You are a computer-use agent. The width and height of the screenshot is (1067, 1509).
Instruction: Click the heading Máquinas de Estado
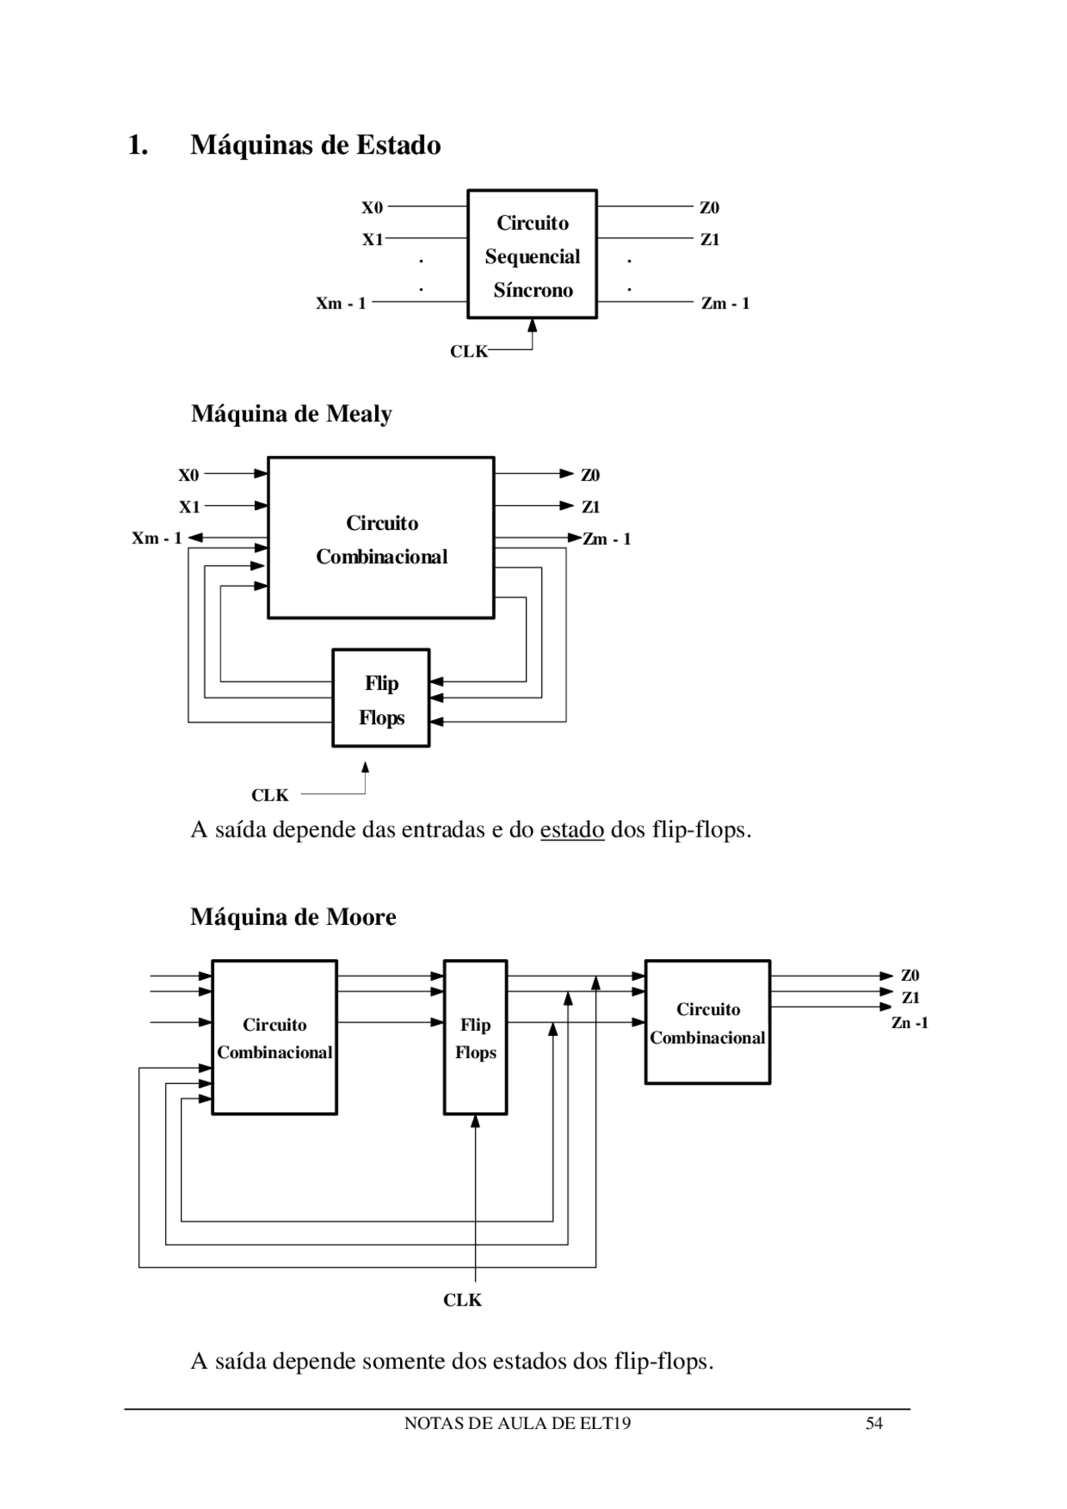click(315, 145)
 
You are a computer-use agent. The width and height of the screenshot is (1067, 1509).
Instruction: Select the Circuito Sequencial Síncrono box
click(532, 254)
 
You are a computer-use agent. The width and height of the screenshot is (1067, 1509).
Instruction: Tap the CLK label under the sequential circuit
click(468, 352)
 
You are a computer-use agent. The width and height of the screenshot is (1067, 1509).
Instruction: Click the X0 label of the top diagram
click(372, 207)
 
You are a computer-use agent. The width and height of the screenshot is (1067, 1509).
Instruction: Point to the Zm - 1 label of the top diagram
click(725, 303)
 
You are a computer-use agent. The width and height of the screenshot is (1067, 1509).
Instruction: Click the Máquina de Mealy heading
click(291, 413)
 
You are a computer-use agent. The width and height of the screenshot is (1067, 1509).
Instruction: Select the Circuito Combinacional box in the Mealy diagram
click(381, 538)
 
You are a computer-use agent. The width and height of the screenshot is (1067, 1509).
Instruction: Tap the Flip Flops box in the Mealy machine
click(381, 698)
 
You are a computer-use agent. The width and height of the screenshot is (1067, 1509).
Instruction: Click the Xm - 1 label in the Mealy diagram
click(157, 538)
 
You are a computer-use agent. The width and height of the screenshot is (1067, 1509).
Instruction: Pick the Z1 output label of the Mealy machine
click(591, 507)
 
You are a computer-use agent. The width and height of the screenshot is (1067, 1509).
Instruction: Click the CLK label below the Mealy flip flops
click(270, 795)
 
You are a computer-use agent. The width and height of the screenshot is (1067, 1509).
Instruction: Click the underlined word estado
click(572, 830)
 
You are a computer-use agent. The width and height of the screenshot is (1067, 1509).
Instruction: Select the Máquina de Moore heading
click(293, 917)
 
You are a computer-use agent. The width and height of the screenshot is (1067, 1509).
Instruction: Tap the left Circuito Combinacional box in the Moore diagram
click(274, 1037)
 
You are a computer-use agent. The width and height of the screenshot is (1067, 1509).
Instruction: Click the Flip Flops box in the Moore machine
click(475, 1037)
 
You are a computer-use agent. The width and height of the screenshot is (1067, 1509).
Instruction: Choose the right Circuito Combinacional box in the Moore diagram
click(708, 1022)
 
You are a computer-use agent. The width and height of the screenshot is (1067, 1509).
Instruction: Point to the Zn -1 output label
click(909, 1022)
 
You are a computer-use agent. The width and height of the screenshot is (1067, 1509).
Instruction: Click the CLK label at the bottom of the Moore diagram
click(462, 1300)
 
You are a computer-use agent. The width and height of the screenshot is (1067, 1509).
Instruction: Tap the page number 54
click(874, 1423)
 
